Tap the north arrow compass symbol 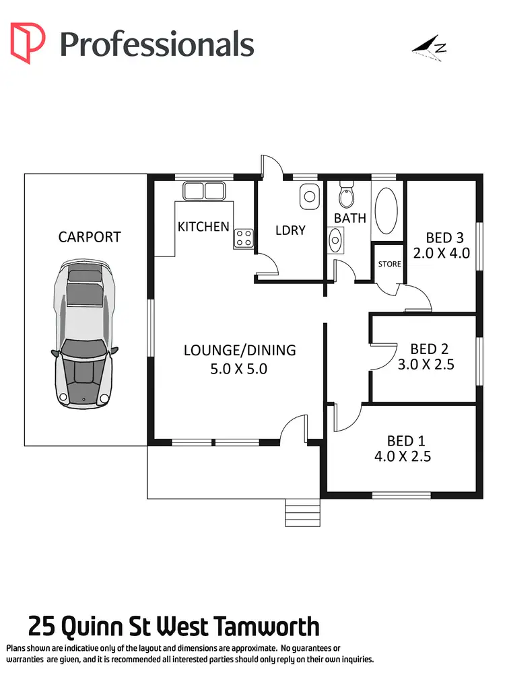coord(430,49)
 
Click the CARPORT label coord(90,237)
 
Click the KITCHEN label coord(203,227)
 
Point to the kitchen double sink coord(203,191)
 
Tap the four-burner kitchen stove coord(243,238)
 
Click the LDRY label coord(290,230)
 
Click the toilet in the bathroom coord(346,195)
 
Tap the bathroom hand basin coord(335,238)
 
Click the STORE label coord(389,264)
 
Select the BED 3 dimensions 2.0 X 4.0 coord(444,253)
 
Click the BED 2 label coord(429,349)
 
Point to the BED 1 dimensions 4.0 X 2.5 coord(402,456)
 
